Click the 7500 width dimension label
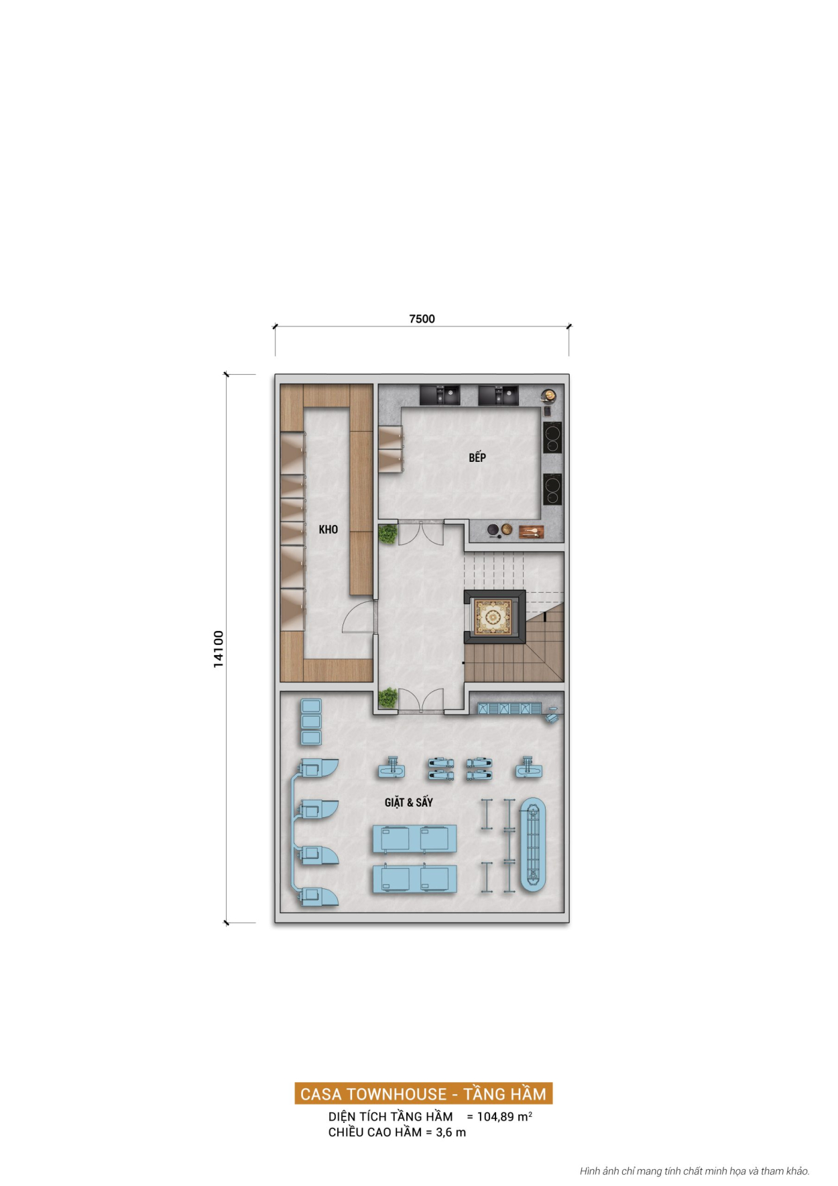coord(422,319)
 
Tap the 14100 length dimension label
coord(219,648)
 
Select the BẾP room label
coord(477,457)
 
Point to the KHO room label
coord(328,530)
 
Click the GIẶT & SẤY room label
coord(408,802)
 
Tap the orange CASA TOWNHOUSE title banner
coord(423,1093)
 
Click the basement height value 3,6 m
coord(451,1132)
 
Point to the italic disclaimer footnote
coord(694,1171)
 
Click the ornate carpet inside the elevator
coord(493,617)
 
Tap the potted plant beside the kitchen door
coord(387,534)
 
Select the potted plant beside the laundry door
coord(387,698)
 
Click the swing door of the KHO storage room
coord(359,617)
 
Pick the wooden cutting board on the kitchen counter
coord(531,532)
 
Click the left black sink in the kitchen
coord(440,395)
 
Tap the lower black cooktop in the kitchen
coord(552,489)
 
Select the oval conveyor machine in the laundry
coord(533,845)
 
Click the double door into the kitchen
coord(421,533)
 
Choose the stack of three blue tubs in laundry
coord(311,722)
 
